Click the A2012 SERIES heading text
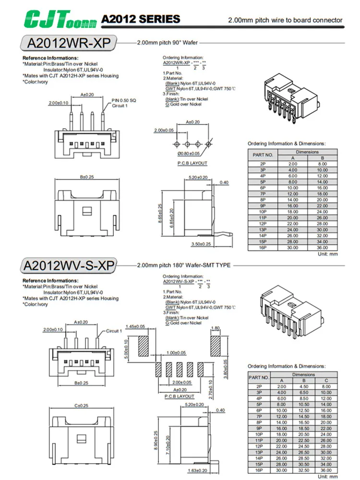coord(140,19)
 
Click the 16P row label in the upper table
coord(263,248)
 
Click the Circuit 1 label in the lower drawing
coord(114,331)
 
